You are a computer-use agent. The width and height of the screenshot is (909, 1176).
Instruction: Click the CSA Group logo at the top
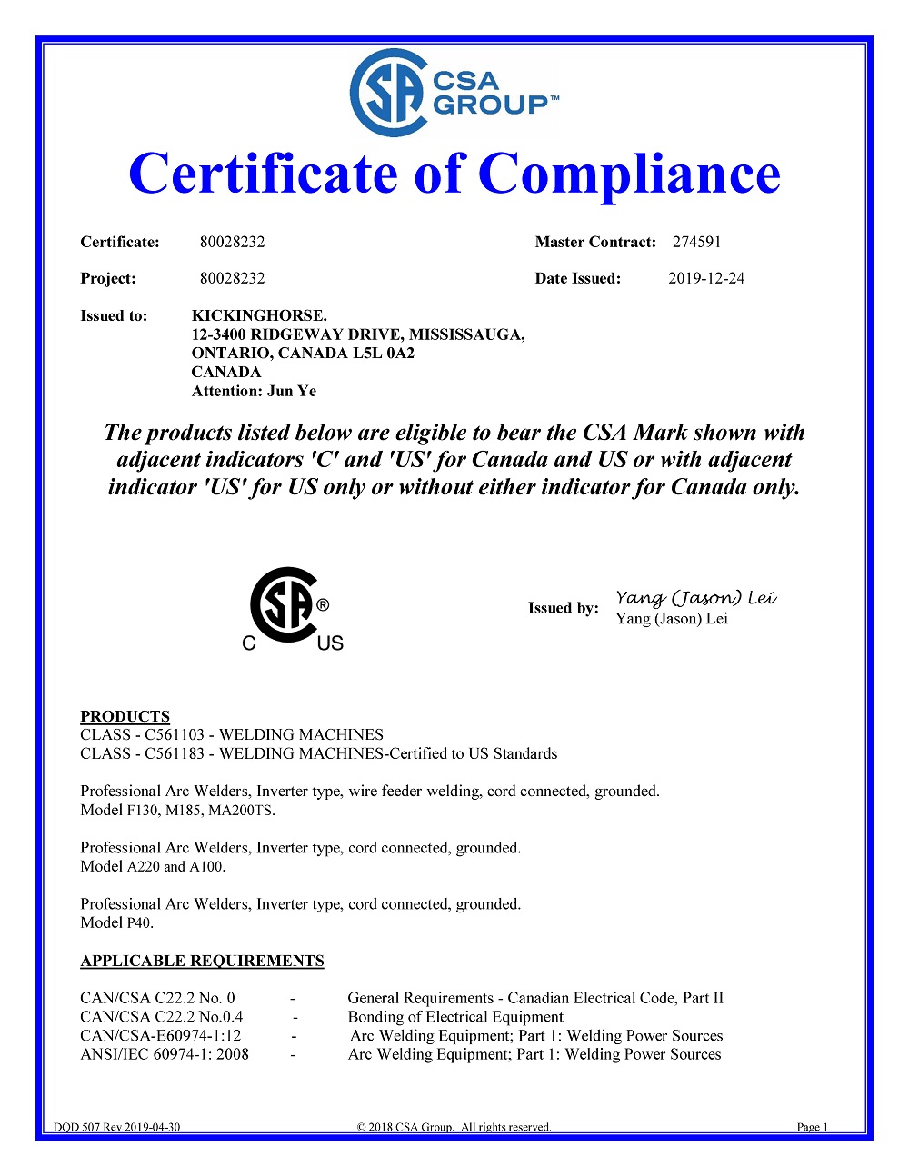(x=453, y=93)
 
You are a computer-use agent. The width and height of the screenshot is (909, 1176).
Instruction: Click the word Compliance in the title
(x=629, y=174)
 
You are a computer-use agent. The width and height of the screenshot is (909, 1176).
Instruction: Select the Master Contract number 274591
(x=696, y=242)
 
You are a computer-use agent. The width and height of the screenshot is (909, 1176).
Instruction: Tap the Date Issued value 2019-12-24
(x=705, y=278)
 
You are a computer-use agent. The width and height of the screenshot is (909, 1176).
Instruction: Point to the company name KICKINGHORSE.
(x=259, y=315)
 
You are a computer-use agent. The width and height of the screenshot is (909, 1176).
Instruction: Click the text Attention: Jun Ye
(x=254, y=391)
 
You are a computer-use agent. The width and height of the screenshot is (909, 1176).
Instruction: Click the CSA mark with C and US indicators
(x=290, y=608)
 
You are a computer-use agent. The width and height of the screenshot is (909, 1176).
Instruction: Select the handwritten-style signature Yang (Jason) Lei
(x=695, y=597)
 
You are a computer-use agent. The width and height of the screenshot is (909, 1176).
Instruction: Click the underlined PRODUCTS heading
(x=125, y=715)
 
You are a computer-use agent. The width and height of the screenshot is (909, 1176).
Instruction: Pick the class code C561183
(x=175, y=753)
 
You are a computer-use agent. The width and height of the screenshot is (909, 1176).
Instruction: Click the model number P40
(x=139, y=922)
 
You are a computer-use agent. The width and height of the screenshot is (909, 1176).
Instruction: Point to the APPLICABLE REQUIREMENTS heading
(x=202, y=961)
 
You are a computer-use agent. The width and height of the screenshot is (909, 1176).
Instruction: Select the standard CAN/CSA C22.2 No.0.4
(x=162, y=1017)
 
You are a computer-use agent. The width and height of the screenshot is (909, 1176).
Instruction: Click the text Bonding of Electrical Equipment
(x=455, y=1017)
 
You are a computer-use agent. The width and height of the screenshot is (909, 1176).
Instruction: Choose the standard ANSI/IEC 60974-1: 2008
(x=165, y=1054)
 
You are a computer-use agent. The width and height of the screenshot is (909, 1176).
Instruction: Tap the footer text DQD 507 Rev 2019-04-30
(x=116, y=1127)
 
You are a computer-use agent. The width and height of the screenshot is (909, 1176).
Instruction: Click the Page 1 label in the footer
(x=812, y=1127)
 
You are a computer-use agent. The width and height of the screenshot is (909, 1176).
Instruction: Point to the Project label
(x=107, y=278)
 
